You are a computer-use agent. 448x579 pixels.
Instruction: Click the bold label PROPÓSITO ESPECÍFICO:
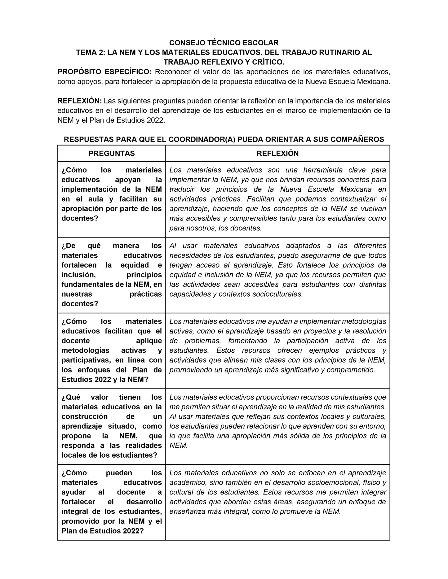coord(104,72)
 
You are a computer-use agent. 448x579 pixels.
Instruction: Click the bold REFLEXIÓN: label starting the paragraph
coord(80,101)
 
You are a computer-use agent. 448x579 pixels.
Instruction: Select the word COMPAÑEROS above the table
coord(355,139)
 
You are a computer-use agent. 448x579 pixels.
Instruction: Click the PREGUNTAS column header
coord(112,153)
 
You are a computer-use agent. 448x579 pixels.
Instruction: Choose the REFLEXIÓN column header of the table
coord(277,153)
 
